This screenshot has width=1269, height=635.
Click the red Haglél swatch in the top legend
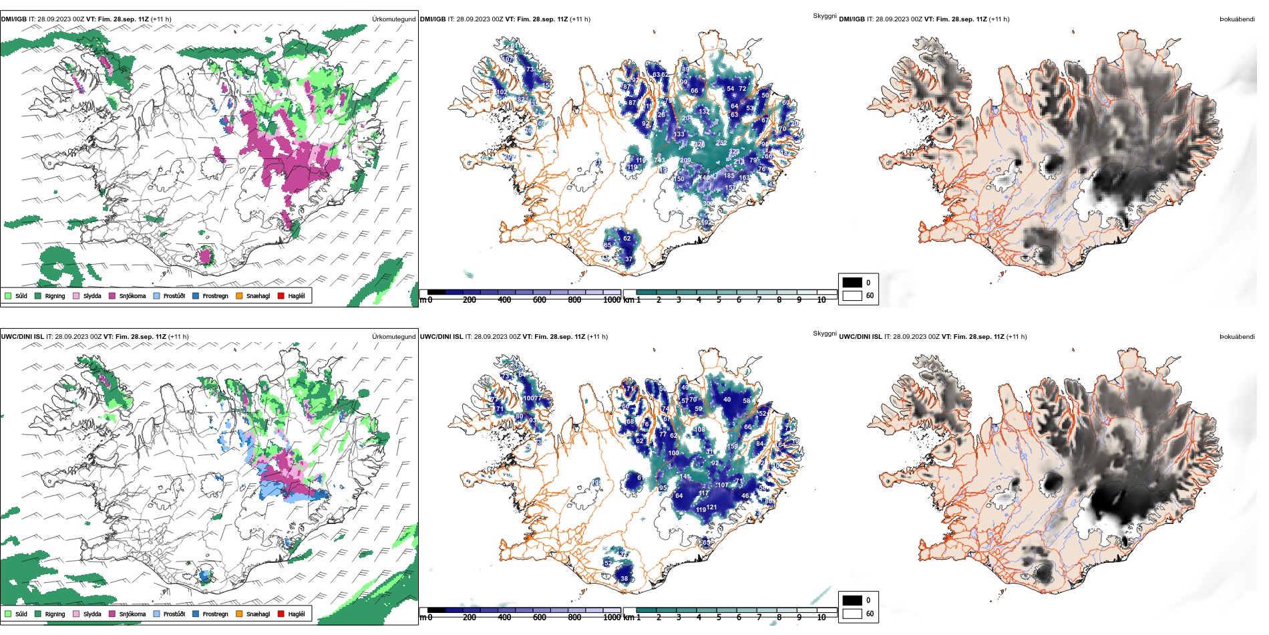[281, 295]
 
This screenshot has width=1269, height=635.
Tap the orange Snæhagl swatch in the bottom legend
[239, 614]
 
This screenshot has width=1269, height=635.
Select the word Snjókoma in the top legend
[132, 296]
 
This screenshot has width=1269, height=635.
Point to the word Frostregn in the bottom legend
[215, 614]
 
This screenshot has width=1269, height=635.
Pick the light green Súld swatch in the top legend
[8, 295]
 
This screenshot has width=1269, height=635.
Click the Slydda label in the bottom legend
[92, 614]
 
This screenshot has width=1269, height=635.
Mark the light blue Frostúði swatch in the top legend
[156, 295]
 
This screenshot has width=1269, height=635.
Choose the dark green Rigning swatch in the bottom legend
[38, 614]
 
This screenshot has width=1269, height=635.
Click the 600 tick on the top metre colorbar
[540, 300]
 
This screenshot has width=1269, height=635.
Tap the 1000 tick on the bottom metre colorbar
[612, 618]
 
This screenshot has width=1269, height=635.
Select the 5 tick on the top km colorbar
[719, 300]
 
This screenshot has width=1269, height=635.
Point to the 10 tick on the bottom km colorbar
[822, 618]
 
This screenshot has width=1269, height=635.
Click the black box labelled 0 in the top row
[852, 282]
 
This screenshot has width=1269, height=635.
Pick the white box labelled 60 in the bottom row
[852, 614]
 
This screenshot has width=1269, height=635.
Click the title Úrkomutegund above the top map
[393, 19]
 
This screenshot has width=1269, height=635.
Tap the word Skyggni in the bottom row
[824, 334]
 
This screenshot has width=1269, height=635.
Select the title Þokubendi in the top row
[1237, 19]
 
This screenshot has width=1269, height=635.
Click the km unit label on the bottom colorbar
[628, 618]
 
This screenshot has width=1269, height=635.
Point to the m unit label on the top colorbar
[422, 300]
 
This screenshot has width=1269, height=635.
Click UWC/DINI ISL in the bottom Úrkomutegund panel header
[22, 337]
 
